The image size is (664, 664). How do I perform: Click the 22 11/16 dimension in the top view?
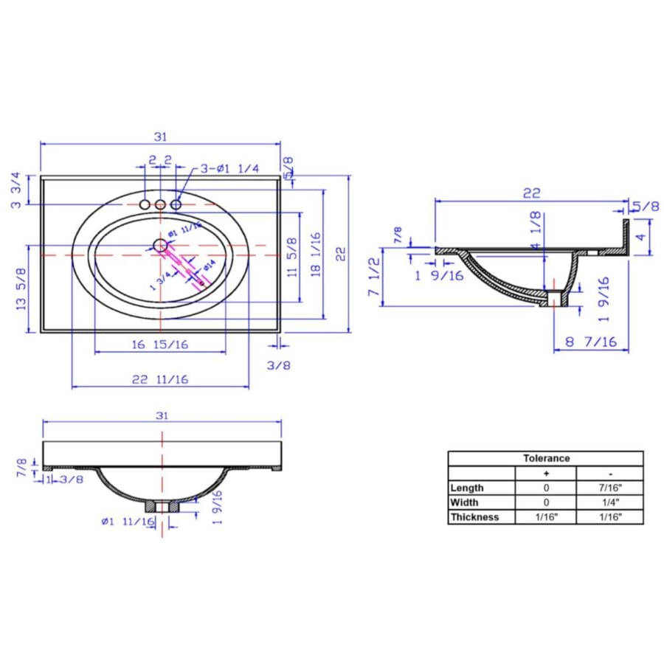point(160,379)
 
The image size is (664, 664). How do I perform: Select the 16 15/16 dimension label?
point(159,345)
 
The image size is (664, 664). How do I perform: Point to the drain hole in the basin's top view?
point(160,245)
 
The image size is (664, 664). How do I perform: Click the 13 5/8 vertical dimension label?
point(24,289)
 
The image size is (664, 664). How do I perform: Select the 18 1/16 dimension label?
point(316,254)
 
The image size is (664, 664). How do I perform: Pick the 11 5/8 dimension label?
point(292,257)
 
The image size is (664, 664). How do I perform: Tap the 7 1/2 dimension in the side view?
point(374,277)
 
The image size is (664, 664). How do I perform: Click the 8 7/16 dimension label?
point(590,342)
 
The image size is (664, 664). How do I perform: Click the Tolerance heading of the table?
point(546,458)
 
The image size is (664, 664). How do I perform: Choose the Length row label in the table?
point(467,488)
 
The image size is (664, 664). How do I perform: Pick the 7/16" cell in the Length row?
point(609,488)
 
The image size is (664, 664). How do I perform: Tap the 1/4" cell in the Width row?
point(609,502)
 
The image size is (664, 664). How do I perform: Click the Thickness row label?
point(474,517)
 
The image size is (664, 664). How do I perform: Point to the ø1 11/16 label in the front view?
point(127,522)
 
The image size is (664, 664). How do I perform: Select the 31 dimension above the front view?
point(162,415)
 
